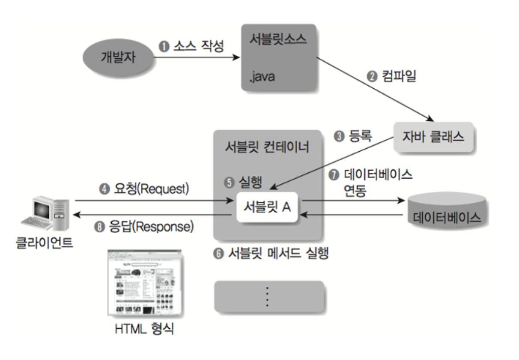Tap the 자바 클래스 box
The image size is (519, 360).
[433, 137]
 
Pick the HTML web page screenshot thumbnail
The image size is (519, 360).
[144, 283]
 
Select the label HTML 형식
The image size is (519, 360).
[145, 330]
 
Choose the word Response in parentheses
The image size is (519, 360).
[167, 226]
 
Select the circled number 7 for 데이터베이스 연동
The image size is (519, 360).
[334, 175]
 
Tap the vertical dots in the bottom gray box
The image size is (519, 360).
[266, 296]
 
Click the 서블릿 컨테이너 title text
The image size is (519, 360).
[267, 147]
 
